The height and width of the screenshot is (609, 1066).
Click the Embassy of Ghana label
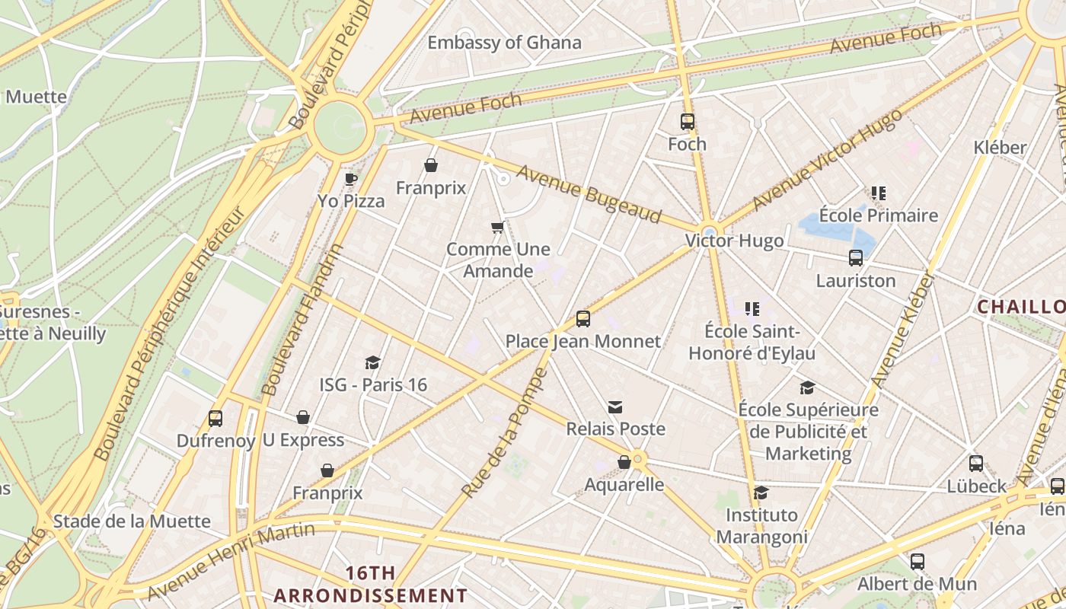pos(504,43)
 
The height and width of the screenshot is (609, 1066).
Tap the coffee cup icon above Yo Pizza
pos(350,179)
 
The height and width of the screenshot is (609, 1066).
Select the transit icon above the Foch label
pos(687,122)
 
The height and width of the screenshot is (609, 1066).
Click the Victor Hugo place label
pos(734,241)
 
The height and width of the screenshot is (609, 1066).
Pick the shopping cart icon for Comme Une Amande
pos(498,227)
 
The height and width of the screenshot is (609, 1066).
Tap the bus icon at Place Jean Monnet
pos(583,319)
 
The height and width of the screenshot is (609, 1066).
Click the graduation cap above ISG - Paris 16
pos(372,362)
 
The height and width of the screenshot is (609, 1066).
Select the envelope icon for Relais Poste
pos(615,407)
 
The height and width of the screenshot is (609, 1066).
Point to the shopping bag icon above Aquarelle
pos(624,462)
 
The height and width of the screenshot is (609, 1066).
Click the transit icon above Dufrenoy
pos(215,418)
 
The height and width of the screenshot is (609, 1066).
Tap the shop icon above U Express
pos(303,417)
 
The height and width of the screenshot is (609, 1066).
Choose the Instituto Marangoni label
pos(761,526)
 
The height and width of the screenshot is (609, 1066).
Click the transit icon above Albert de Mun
pos(918,562)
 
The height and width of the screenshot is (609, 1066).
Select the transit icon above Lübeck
pos(976,464)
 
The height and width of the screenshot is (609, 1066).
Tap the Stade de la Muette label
pos(132,521)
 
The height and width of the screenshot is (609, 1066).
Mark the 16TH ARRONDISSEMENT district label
pos(371,584)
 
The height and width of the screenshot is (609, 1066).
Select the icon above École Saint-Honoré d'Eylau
pos(752,309)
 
